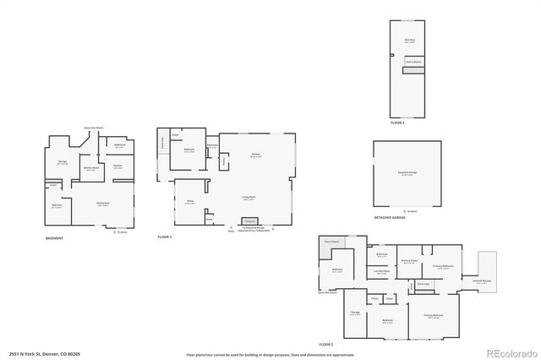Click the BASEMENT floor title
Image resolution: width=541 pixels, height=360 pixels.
(x=54, y=238)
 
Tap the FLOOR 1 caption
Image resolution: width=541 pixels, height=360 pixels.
(x=164, y=237)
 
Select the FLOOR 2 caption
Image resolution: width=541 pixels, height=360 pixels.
(x=325, y=345)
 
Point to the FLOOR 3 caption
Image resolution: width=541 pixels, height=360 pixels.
(x=397, y=123)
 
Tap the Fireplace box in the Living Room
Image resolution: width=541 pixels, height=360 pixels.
(x=249, y=220)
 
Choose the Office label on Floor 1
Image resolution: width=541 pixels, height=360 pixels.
(x=191, y=199)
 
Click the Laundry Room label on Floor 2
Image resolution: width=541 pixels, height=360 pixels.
(x=381, y=272)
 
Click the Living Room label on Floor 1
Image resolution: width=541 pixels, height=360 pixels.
(x=249, y=198)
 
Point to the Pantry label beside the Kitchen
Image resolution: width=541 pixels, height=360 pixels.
(x=223, y=159)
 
